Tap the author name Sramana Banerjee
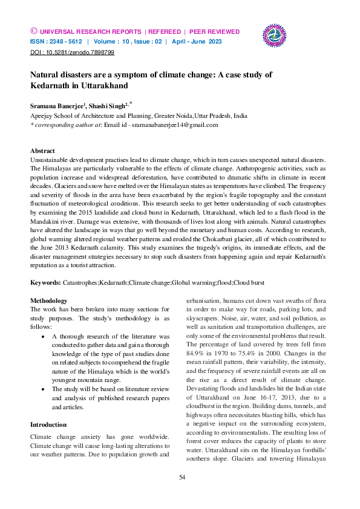pos(57,105)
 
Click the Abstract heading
pos(42,151)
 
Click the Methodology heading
pos(49,300)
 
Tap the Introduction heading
pos(48,424)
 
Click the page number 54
pos(181,478)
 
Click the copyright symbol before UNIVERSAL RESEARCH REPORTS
pos(33,31)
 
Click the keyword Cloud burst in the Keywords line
pos(249,282)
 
